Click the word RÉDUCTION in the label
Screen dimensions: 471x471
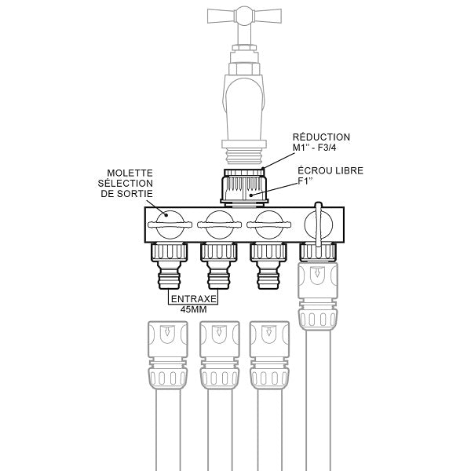click(x=321, y=137)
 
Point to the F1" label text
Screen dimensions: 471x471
click(x=307, y=182)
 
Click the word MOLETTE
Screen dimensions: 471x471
click(x=130, y=173)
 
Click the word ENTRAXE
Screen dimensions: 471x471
click(x=194, y=299)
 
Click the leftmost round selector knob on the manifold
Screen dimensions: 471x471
click(x=169, y=225)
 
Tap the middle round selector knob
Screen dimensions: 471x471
click(x=218, y=225)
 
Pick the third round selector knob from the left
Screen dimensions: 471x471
click(x=268, y=225)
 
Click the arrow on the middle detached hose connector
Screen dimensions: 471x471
click(x=218, y=336)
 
